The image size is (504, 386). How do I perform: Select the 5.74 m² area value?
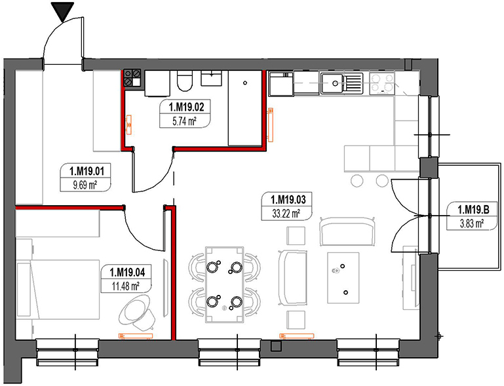tap(180, 121)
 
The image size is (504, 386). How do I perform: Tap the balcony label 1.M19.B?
tap(470, 210)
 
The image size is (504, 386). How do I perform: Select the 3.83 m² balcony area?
tap(470, 223)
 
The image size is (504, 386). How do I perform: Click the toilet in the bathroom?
tap(185, 83)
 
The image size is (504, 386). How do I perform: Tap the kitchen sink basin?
tap(334, 83)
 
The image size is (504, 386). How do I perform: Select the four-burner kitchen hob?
tap(382, 83)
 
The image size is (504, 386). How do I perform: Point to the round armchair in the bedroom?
tap(138, 309)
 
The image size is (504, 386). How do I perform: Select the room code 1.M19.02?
tap(180, 107)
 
